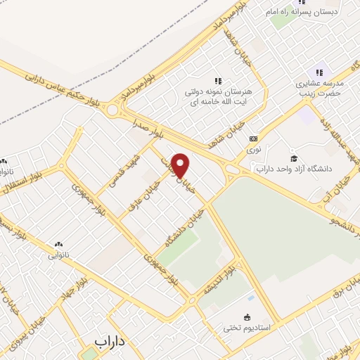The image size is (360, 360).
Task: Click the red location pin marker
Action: pos(181,166)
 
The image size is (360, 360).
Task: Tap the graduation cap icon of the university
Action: pos(294,157)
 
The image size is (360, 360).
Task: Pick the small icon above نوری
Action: pos(254,139)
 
